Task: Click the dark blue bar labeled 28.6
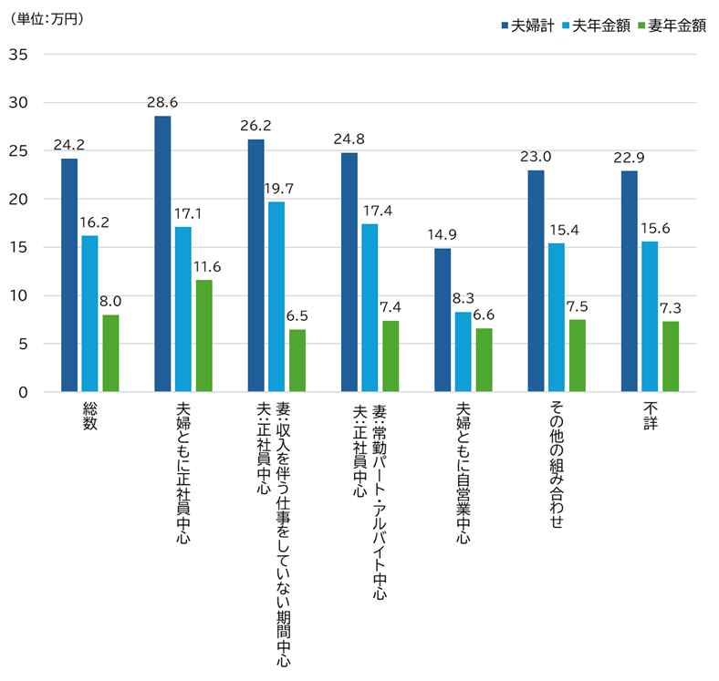click(x=162, y=254)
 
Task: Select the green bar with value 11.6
click(x=203, y=336)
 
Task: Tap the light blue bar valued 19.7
click(x=276, y=297)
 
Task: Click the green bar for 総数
click(x=110, y=354)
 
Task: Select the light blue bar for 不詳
click(x=650, y=317)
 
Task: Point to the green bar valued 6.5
click(x=297, y=361)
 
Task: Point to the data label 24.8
click(x=349, y=139)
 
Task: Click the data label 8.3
click(x=463, y=299)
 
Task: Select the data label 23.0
click(x=536, y=157)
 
